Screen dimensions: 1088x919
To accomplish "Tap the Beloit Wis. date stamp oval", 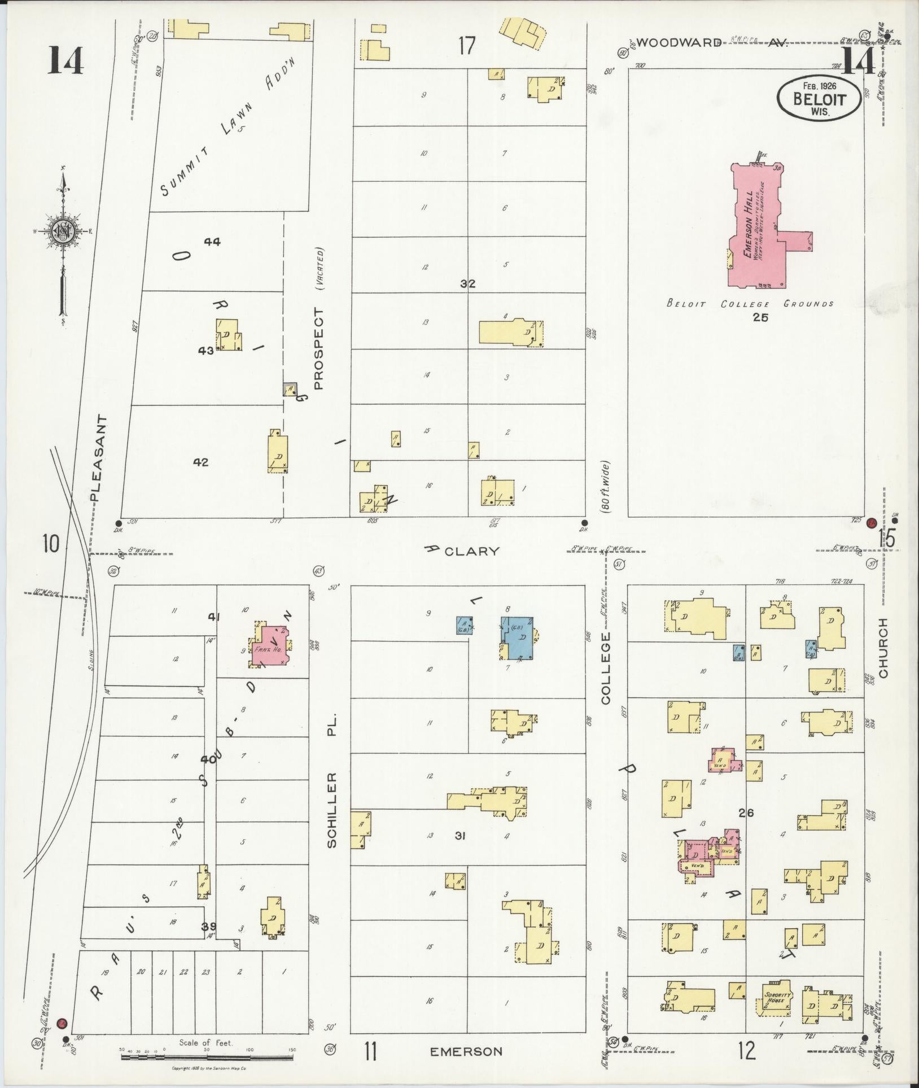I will coord(820,98).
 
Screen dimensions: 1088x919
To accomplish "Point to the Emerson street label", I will coord(466,1051).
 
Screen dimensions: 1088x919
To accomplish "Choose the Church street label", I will coord(883,648).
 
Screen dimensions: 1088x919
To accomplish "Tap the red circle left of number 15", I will coord(871,522).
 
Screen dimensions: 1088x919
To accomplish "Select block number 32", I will coord(467,284).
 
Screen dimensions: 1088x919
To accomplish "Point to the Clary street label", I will coord(471,551).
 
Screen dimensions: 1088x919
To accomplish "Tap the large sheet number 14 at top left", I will coord(65,60).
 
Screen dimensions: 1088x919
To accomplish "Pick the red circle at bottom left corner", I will coord(63,1023).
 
